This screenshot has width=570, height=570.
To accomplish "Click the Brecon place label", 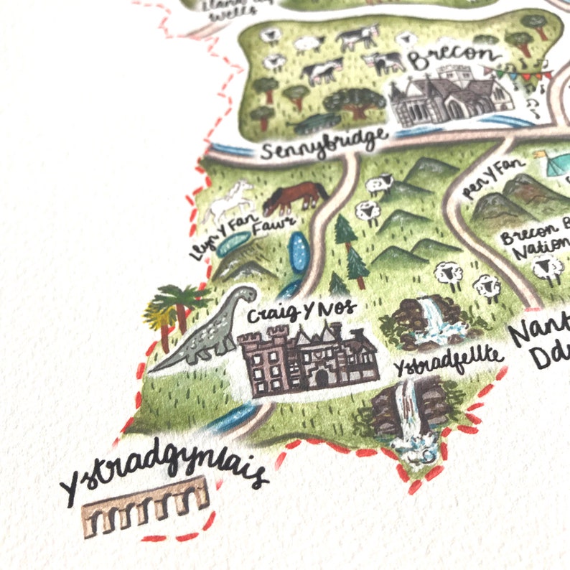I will coord(452,57).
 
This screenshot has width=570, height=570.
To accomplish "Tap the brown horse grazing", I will coord(294,197).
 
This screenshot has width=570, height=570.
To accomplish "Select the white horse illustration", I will coord(230,200).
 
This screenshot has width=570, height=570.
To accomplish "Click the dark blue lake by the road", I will coord(297,253).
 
